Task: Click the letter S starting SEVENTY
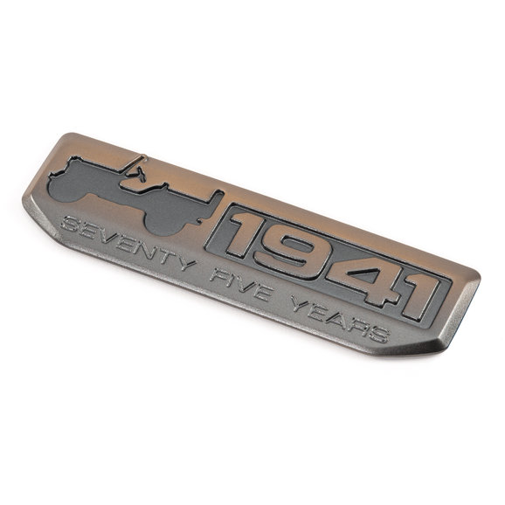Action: (68, 225)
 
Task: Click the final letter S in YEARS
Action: (377, 334)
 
